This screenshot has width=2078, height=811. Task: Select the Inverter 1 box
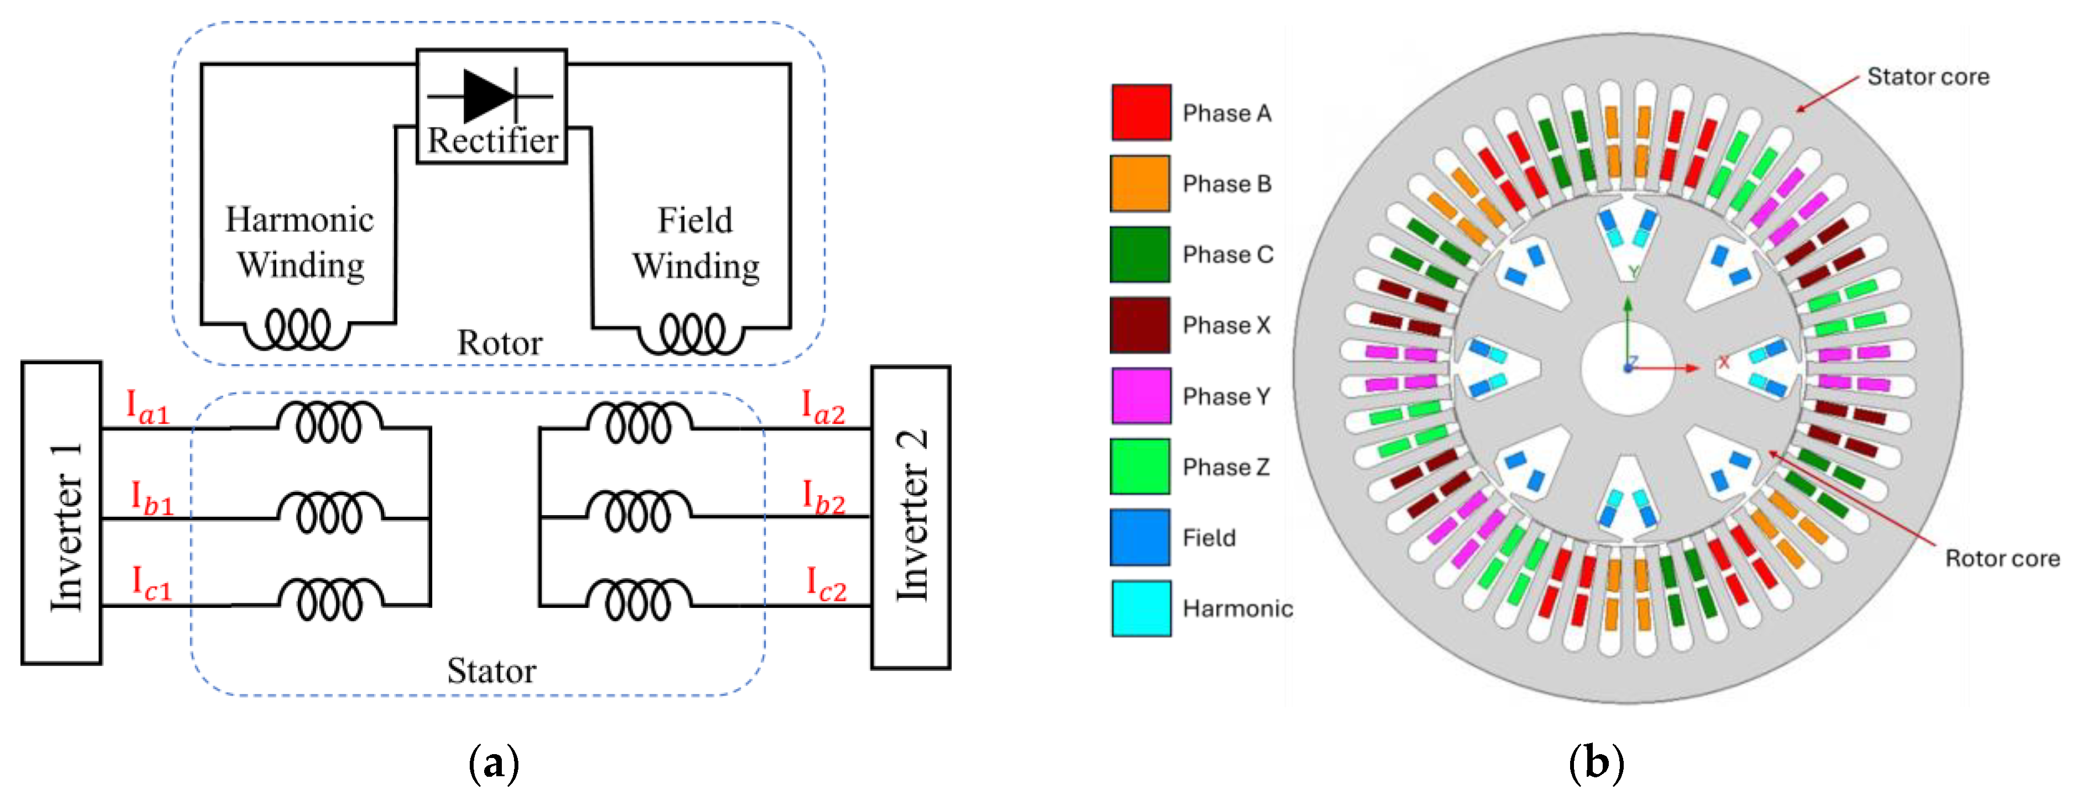(x=62, y=513)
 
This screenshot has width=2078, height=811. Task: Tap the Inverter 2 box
(x=911, y=517)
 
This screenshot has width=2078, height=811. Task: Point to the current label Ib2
(x=823, y=497)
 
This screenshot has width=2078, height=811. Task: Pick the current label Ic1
(x=151, y=583)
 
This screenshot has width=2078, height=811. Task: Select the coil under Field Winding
(x=691, y=333)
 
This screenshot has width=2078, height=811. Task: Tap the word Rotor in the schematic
(x=500, y=343)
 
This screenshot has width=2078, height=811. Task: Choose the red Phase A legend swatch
(x=1141, y=113)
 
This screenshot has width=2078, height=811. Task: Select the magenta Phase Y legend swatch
(x=1141, y=396)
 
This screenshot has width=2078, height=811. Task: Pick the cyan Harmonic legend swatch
(x=1141, y=608)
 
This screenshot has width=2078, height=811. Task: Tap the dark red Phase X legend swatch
(x=1141, y=325)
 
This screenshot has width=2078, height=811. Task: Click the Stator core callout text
(x=1928, y=77)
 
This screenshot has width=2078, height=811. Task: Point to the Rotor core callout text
(x=2002, y=558)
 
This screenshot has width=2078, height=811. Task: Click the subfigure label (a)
(x=493, y=762)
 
